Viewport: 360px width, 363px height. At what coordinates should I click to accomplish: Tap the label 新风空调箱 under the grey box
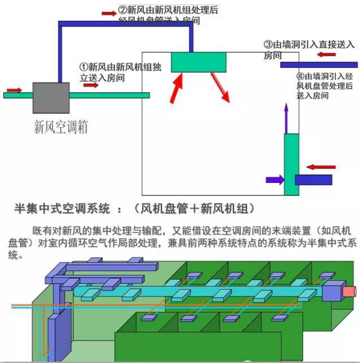[60, 128]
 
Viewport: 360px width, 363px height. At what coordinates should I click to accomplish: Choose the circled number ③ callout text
[309, 49]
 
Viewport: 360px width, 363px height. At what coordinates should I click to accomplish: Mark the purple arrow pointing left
[274, 178]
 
